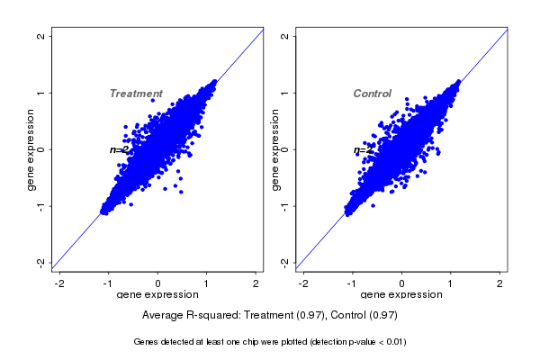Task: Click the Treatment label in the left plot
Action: pyautogui.click(x=136, y=94)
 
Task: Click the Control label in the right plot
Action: pyautogui.click(x=372, y=94)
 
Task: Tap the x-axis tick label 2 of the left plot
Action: pyautogui.click(x=256, y=283)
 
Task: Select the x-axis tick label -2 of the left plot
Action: pyautogui.click(x=59, y=283)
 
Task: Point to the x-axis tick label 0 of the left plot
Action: pyautogui.click(x=158, y=283)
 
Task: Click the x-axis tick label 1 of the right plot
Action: pyautogui.click(x=451, y=283)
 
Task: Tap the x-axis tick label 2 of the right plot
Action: pyautogui.click(x=500, y=283)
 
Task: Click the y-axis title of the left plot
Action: pyautogui.click(x=31, y=149)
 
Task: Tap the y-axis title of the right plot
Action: pyautogui.click(x=274, y=149)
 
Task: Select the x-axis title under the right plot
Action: pyautogui.click(x=401, y=295)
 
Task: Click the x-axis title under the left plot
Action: pyautogui.click(x=158, y=295)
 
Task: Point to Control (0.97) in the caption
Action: pyautogui.click(x=364, y=316)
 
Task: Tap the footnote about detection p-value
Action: pyautogui.click(x=270, y=342)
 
